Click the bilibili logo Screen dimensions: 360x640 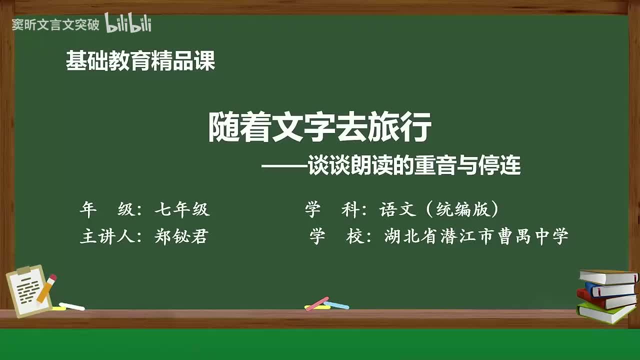click(128, 23)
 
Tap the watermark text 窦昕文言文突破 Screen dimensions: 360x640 click(55, 25)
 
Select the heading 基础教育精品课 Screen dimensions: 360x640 click(140, 61)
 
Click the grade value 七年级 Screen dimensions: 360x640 click(182, 210)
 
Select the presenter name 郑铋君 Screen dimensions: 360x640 click(181, 236)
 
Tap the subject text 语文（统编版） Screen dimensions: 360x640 click(439, 210)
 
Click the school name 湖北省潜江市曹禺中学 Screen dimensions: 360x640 click(476, 236)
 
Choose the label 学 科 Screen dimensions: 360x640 click(332, 210)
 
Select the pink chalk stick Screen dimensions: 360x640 click(317, 303)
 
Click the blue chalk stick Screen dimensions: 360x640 click(336, 305)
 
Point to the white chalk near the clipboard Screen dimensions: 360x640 click(72, 306)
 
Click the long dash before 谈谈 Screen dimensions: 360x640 click(284, 166)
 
